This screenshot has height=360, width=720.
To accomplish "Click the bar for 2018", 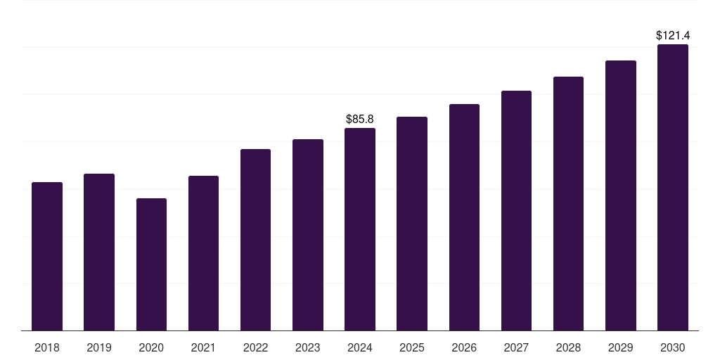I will tap(47, 257).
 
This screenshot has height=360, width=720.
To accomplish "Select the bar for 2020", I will tap(151, 264).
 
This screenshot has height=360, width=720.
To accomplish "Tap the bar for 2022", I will tap(255, 240).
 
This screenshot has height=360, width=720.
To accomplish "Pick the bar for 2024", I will tap(360, 229).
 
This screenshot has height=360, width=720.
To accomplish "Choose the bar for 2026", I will tap(464, 217).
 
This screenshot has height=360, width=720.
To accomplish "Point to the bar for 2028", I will tap(568, 204).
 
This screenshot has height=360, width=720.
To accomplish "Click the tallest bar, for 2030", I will tap(673, 188).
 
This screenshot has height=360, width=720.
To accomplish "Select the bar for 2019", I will tap(99, 252).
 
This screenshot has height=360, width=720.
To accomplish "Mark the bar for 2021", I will tap(203, 253).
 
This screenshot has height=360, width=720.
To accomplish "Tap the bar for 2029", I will tap(621, 195).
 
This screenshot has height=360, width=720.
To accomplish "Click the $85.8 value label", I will tap(360, 120).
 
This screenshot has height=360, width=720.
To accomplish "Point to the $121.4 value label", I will tap(673, 35).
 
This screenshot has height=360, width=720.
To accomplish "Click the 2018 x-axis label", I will tap(47, 347).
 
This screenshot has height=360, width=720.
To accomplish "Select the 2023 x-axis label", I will tap(308, 347).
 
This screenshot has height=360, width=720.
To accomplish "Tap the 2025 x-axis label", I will tap(412, 347).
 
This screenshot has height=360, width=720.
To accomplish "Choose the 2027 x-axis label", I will tap(516, 347).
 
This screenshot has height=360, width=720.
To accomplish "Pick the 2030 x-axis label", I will tap(673, 347).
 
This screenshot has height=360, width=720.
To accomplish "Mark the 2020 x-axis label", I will tap(151, 347).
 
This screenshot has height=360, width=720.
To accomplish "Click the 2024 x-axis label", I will tap(360, 347).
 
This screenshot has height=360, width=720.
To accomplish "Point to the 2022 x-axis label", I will tap(255, 347).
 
